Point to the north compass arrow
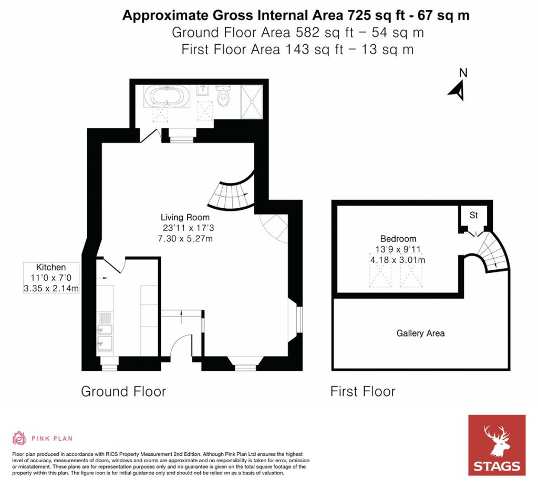tap(458, 89)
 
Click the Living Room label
tap(185, 217)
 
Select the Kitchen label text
tap(51, 267)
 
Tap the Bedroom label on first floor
tap(399, 239)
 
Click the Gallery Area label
tap(420, 333)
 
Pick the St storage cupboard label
tap(473, 215)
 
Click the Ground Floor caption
tap(123, 391)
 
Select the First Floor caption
tap(363, 391)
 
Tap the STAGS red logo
tap(496, 445)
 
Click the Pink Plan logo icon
tap(19, 438)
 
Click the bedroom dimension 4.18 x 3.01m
tap(398, 260)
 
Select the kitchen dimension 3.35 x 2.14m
tap(51, 288)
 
